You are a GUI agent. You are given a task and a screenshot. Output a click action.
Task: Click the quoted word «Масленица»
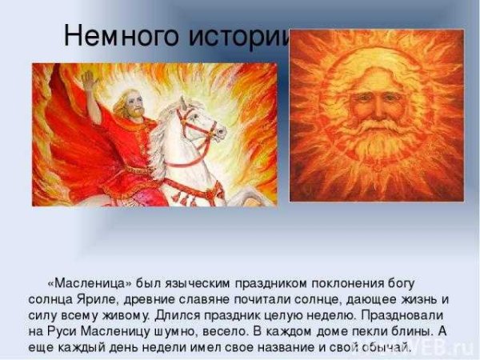point(86,284)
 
